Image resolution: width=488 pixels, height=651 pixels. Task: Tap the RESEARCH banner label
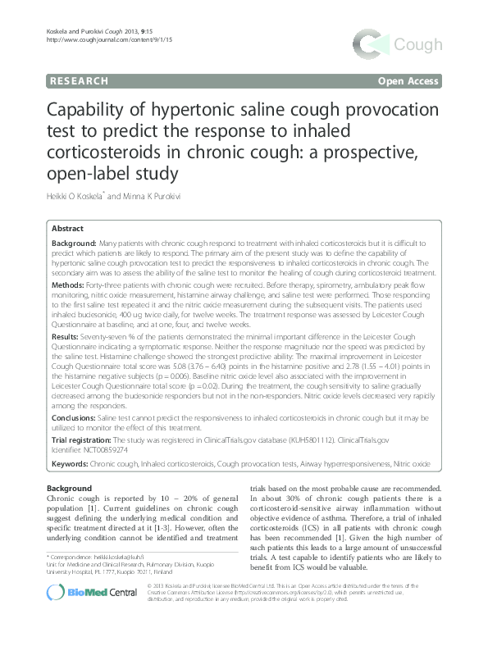tap(79, 81)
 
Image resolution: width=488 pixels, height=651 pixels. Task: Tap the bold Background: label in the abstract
tap(74, 244)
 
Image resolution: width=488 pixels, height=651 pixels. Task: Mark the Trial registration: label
tap(80, 440)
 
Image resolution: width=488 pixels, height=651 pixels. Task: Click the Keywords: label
tap(71, 463)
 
